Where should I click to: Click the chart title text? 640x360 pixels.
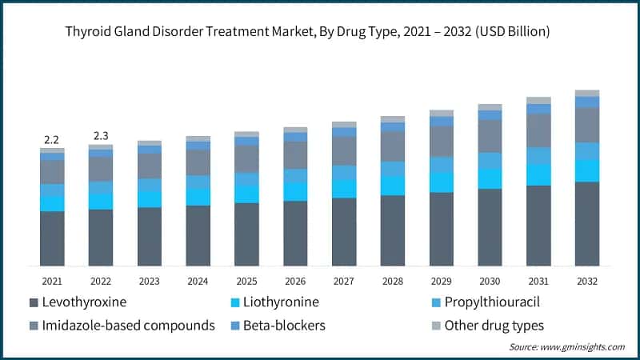click(320, 31)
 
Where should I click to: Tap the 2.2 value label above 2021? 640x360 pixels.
click(52, 139)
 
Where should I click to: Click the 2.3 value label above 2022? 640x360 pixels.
click(101, 135)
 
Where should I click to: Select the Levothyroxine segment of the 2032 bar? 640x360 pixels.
click(587, 224)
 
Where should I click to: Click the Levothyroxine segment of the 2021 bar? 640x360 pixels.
click(52, 238)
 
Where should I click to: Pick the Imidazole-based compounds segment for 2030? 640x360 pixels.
click(490, 136)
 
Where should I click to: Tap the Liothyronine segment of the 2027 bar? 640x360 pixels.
click(344, 189)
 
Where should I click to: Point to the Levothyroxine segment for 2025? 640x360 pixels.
click(246, 234)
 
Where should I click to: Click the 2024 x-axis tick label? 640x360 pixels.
click(198, 282)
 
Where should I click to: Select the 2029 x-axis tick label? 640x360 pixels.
click(441, 282)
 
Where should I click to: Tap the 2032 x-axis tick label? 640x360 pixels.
click(587, 282)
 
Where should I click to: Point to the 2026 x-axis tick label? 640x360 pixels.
click(295, 282)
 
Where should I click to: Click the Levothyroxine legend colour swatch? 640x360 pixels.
click(33, 302)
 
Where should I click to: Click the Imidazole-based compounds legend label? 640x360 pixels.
click(129, 326)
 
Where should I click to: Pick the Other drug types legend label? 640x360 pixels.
click(495, 326)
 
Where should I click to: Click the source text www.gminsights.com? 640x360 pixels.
click(566, 347)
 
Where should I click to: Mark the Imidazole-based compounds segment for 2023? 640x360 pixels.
click(150, 166)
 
